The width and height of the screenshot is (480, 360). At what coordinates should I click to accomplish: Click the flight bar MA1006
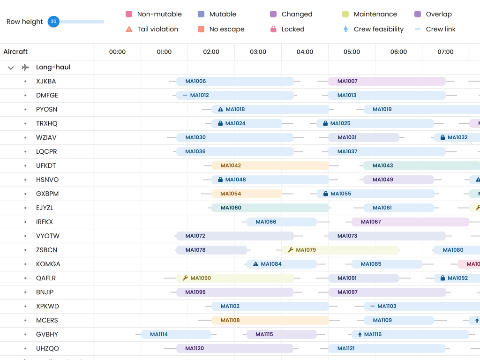coord(234,81)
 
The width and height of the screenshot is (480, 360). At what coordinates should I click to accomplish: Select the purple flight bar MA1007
coord(387,81)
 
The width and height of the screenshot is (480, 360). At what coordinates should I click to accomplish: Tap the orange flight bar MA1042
coord(270,165)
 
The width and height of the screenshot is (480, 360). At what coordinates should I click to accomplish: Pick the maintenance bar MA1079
coord(340,250)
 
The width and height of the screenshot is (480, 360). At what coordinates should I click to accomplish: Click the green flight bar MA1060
coord(270,208)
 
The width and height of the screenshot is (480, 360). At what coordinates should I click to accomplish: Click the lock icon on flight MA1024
coord(220,123)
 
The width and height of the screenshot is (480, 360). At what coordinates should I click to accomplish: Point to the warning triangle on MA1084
coord(255,264)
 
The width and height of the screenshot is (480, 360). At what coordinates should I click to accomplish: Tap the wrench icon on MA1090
coord(185,278)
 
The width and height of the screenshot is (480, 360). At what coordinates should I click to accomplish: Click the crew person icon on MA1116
coord(360,334)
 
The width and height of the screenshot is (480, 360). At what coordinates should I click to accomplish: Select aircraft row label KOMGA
coord(48,264)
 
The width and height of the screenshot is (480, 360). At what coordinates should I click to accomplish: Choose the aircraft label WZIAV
coord(46,137)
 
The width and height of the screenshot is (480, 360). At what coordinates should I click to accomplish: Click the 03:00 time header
coord(258,52)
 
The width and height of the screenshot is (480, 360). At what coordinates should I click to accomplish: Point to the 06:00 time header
coord(398,52)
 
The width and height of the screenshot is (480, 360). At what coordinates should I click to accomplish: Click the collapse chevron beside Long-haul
coord(11,67)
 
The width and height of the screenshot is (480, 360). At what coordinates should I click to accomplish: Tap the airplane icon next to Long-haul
coord(25,67)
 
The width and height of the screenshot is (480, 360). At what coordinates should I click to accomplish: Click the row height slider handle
coord(53,22)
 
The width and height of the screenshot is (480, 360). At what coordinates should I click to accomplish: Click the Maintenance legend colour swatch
coord(345,14)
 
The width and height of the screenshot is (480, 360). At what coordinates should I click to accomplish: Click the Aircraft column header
coord(15,52)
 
